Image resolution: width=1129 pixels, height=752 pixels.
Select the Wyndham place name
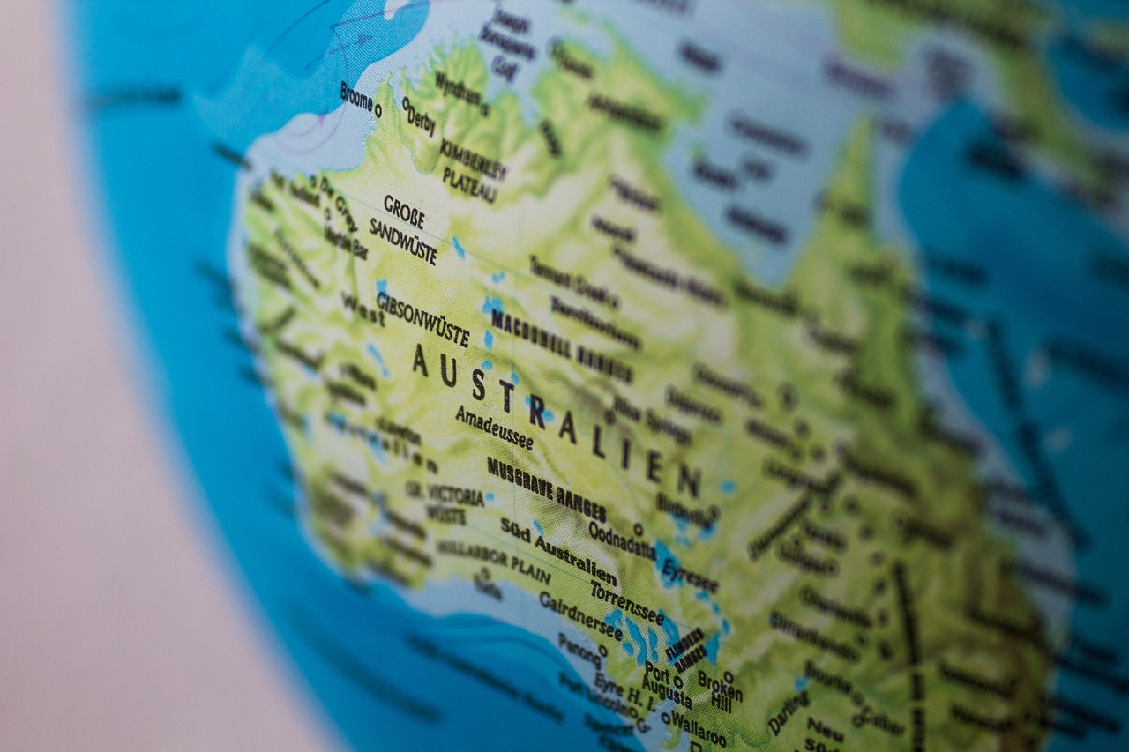(458, 89)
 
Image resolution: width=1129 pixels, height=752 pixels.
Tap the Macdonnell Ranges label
(560, 342)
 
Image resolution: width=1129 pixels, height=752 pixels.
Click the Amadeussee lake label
(494, 427)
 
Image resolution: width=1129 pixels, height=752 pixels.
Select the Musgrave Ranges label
(546, 488)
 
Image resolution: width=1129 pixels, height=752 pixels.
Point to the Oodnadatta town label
(621, 539)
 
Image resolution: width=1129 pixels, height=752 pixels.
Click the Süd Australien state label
(557, 549)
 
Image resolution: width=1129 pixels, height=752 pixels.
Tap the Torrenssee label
(626, 601)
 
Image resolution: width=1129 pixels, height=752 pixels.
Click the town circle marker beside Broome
(378, 110)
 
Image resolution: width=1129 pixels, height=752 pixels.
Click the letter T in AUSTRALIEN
(506, 398)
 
